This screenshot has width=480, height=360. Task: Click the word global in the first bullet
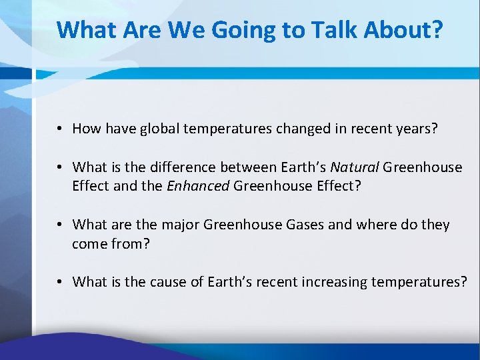click(158, 128)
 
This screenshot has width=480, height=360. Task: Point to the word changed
click(293, 128)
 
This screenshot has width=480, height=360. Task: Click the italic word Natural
click(355, 167)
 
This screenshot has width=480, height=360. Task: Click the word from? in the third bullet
click(131, 244)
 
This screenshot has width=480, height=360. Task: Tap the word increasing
click(321, 282)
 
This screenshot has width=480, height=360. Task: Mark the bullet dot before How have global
click(60, 129)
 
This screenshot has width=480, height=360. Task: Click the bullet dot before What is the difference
click(60, 167)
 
